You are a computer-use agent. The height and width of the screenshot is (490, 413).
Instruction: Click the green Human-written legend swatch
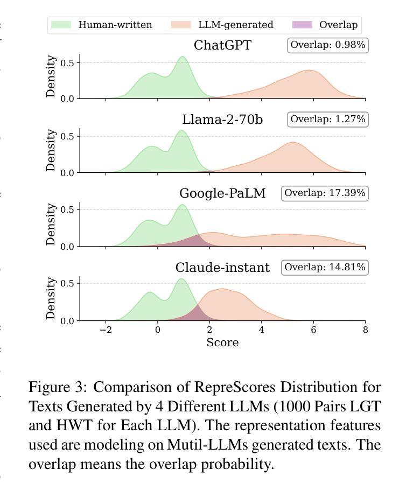click(x=61, y=25)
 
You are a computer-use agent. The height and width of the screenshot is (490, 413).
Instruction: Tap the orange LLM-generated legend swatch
click(x=181, y=25)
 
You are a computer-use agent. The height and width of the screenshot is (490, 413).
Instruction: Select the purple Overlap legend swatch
click(x=302, y=25)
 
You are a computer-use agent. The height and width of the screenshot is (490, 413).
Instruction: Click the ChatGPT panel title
click(x=222, y=45)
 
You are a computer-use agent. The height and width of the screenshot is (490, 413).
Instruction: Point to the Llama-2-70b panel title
click(x=222, y=120)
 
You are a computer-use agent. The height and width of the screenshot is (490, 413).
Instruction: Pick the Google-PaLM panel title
click(x=222, y=193)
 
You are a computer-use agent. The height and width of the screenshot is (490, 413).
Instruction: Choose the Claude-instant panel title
click(x=222, y=268)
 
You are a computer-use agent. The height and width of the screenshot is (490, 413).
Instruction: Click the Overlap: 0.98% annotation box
click(x=328, y=45)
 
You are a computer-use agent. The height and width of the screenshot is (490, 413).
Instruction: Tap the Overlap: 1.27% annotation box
click(x=328, y=120)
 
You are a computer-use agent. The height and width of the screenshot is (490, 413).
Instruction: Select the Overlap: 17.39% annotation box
click(x=325, y=193)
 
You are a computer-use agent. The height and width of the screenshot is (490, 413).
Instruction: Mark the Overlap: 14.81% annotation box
click(x=325, y=268)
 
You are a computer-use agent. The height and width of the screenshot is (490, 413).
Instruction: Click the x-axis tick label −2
click(x=106, y=330)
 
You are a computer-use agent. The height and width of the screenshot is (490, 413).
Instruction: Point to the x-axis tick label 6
click(x=313, y=330)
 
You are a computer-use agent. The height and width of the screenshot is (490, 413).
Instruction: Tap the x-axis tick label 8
click(x=365, y=330)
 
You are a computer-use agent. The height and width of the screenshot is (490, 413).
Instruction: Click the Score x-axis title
click(x=222, y=342)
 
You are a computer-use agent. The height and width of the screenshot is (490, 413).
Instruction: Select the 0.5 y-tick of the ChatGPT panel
click(x=67, y=63)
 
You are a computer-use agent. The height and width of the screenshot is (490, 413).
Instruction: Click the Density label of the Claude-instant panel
click(x=51, y=298)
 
